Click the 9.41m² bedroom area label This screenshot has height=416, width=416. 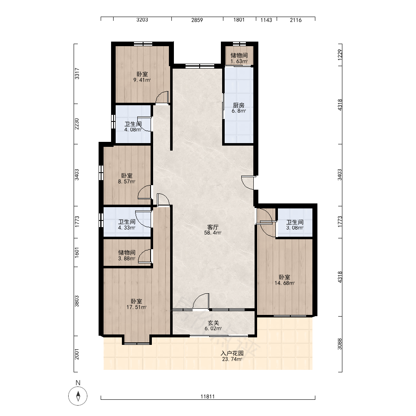coord(142,80)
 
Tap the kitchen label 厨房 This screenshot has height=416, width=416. coord(238,105)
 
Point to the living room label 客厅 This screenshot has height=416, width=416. coord(213,227)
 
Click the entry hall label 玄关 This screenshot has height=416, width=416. coord(213,323)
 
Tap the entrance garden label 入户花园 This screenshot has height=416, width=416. coord(232,353)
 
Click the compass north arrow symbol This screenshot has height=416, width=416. coord(78,396)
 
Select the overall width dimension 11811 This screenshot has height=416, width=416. coord(208,396)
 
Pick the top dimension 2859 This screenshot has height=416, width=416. coord(197,20)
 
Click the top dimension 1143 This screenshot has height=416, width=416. coord(266,20)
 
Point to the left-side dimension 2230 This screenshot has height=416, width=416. coord(77,124)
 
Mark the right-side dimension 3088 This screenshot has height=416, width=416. coord(340,344)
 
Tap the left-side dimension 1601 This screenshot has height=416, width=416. coord(77,253)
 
